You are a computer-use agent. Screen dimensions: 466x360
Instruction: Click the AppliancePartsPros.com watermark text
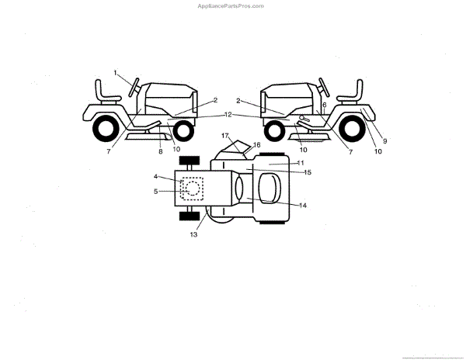click(x=231, y=5)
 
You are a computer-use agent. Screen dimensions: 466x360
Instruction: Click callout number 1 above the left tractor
click(x=115, y=73)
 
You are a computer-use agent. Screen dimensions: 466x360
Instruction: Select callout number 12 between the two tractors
click(x=228, y=114)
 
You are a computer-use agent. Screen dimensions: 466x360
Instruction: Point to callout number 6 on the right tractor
click(x=324, y=105)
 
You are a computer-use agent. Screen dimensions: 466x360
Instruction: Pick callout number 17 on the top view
click(x=225, y=136)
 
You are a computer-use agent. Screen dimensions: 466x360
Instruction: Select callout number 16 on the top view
click(x=257, y=145)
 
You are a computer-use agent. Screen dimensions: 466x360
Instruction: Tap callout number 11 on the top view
click(x=300, y=162)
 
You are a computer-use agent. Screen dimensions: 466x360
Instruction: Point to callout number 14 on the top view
click(x=303, y=205)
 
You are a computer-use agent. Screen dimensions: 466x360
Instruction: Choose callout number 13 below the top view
click(x=193, y=234)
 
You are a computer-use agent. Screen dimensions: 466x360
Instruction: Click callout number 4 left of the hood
click(x=155, y=178)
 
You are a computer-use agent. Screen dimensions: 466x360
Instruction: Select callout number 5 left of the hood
click(x=155, y=191)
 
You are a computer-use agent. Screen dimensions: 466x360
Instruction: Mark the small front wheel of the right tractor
click(x=274, y=129)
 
